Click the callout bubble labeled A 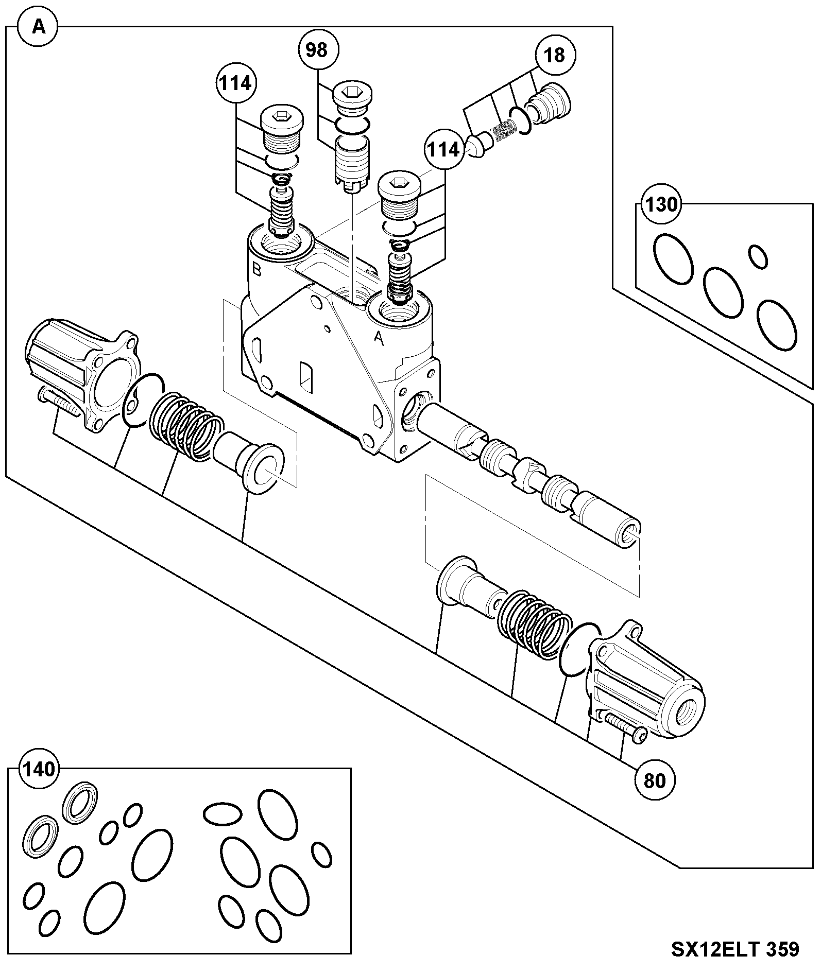coord(39,26)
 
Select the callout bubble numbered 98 coord(317,50)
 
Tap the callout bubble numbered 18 coord(554,55)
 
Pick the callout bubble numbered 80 coord(655,781)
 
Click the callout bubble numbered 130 coord(661,205)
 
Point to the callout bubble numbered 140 coord(40,769)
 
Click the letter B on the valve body coord(257,269)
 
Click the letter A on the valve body coord(379,337)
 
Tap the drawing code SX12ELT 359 coord(735,949)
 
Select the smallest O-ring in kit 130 coord(758,256)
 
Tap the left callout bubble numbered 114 coord(236,83)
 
